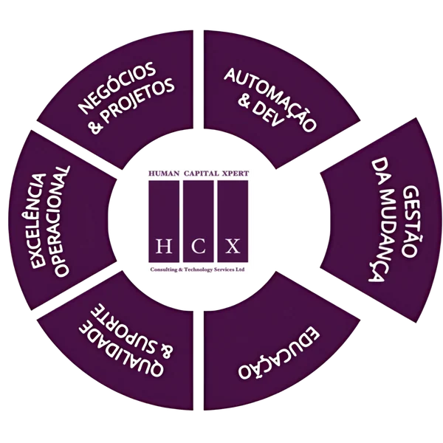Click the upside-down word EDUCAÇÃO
coord(279,352)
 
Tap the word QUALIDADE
coord(120,351)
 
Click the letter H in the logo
coord(164,246)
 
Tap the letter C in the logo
coord(198,246)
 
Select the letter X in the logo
coord(233,246)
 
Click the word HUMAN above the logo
coord(164,174)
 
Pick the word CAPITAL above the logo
coord(201,174)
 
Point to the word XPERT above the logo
coord(236,174)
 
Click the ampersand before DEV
coord(244,102)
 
